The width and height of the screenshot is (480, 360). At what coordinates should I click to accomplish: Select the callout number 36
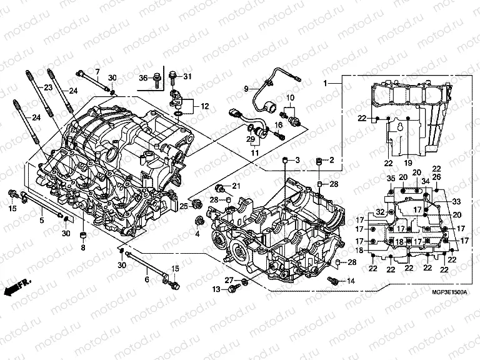pyautogui.click(x=142, y=77)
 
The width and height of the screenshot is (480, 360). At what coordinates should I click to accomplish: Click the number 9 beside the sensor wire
pyautogui.click(x=246, y=88)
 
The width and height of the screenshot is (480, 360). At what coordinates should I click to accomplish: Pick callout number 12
pyautogui.click(x=204, y=107)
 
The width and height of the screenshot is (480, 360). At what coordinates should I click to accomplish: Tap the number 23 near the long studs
pyautogui.click(x=49, y=88)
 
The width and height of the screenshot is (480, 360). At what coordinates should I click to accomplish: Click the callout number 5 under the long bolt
pyautogui.click(x=42, y=220)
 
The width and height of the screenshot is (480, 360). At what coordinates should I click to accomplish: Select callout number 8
pyautogui.click(x=81, y=248)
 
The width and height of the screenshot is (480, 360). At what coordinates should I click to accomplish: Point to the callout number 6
pyautogui.click(x=147, y=279)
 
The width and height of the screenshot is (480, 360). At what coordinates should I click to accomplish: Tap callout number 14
pyautogui.click(x=350, y=281)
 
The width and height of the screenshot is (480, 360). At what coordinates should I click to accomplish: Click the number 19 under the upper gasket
pyautogui.click(x=408, y=164)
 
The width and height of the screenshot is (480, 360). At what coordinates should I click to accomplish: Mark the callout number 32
pyautogui.click(x=379, y=212)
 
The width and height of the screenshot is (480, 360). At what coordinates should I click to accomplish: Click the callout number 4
pyautogui.click(x=197, y=234)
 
